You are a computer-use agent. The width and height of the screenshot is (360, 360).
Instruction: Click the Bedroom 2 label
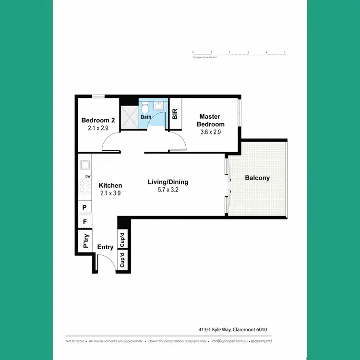(x=98, y=120)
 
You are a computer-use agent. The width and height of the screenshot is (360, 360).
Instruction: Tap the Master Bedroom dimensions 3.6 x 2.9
(x=210, y=132)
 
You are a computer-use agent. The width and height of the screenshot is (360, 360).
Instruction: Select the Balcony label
(x=257, y=178)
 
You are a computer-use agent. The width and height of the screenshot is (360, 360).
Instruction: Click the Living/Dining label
(x=168, y=182)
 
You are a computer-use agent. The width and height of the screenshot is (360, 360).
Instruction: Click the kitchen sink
(x=85, y=165)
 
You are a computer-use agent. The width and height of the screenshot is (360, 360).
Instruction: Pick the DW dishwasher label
(x=88, y=177)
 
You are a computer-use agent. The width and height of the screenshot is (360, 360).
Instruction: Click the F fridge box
(x=84, y=222)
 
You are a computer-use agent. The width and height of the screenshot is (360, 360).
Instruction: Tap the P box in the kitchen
(x=84, y=207)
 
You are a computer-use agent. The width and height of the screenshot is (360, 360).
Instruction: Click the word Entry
(x=105, y=247)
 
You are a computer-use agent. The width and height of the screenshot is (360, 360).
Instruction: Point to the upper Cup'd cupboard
(x=122, y=239)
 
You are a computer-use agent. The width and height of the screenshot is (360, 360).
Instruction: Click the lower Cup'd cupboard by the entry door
(x=122, y=261)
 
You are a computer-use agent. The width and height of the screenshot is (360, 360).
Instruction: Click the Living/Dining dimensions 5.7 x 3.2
(x=168, y=190)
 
